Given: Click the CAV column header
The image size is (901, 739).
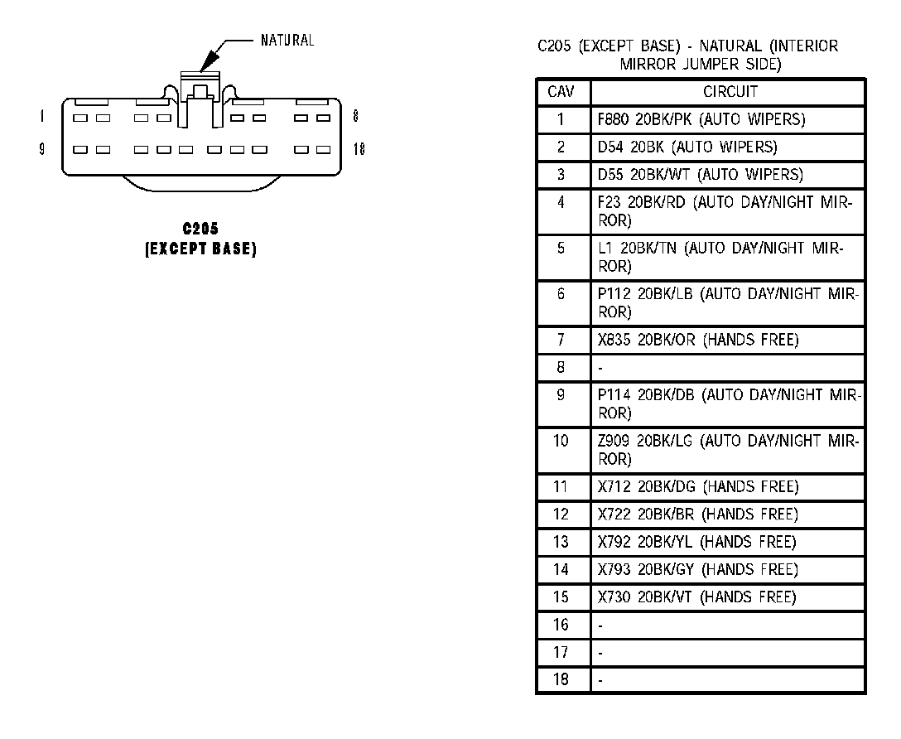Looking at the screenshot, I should [561, 92].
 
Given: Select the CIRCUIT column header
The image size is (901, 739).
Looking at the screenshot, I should [730, 92].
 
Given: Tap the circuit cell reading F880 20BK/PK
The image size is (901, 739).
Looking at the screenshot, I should [701, 119].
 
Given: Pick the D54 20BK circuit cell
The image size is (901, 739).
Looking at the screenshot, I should [687, 147].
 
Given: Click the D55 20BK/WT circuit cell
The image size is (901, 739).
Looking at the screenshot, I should [700, 175].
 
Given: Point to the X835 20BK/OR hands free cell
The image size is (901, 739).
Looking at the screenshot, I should [698, 340].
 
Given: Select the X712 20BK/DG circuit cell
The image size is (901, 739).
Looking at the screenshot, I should [698, 486].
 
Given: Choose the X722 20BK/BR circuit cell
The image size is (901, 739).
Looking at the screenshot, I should [698, 514].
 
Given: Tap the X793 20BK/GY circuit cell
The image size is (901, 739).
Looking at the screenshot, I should [697, 569].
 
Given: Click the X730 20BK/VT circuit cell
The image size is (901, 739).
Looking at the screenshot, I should [696, 597].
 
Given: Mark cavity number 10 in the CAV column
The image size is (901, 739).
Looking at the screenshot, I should [561, 441].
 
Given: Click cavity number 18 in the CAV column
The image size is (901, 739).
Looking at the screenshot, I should [561, 680].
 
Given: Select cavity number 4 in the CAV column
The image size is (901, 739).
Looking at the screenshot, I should [561, 202].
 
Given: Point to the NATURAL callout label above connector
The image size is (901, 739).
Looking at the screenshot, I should [287, 40].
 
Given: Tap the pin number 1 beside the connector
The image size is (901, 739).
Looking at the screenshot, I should [41, 117].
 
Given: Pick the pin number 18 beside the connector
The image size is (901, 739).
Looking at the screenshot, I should [359, 150].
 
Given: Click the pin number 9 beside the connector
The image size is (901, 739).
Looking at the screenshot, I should [41, 150].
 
